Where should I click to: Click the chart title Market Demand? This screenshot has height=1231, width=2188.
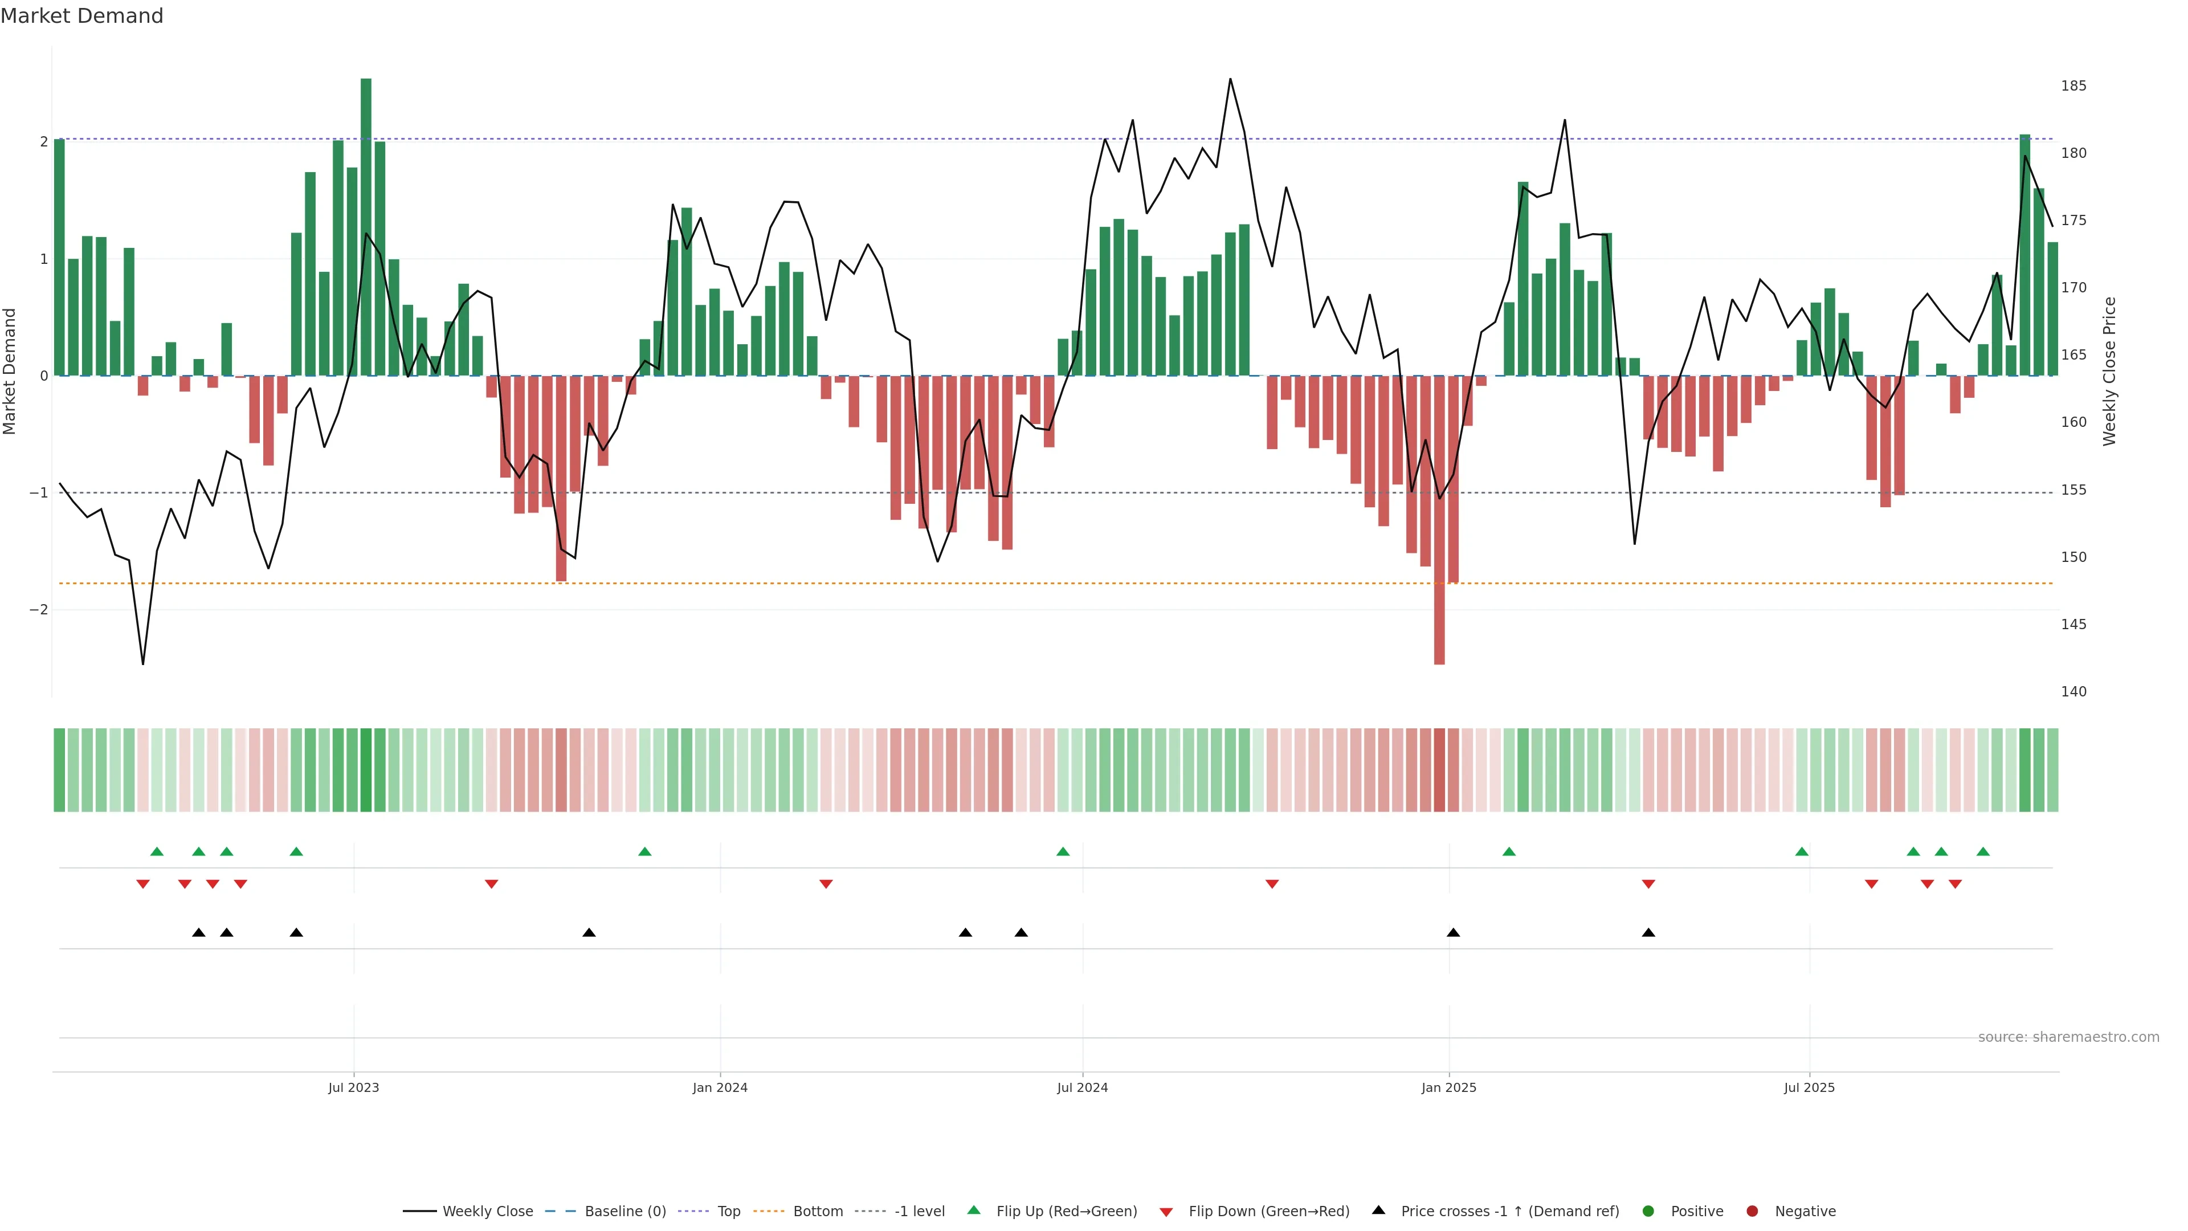[x=81, y=16]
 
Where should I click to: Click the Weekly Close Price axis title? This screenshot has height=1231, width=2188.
[x=2110, y=371]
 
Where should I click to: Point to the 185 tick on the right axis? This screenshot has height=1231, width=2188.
[x=2073, y=86]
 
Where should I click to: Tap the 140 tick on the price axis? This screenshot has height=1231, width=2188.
[x=2073, y=691]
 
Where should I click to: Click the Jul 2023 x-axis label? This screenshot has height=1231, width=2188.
[x=353, y=1087]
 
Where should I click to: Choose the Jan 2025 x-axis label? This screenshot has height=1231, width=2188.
[x=1448, y=1087]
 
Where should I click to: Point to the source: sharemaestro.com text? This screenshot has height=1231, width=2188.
[x=2068, y=1037]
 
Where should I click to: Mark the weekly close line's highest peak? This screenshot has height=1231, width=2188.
[x=1230, y=79]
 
